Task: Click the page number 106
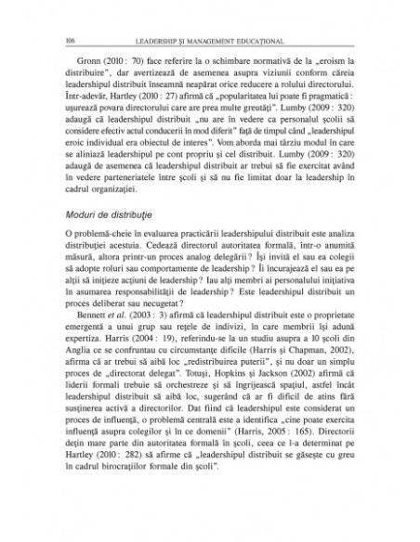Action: tap(72, 40)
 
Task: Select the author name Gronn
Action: tap(91, 61)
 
